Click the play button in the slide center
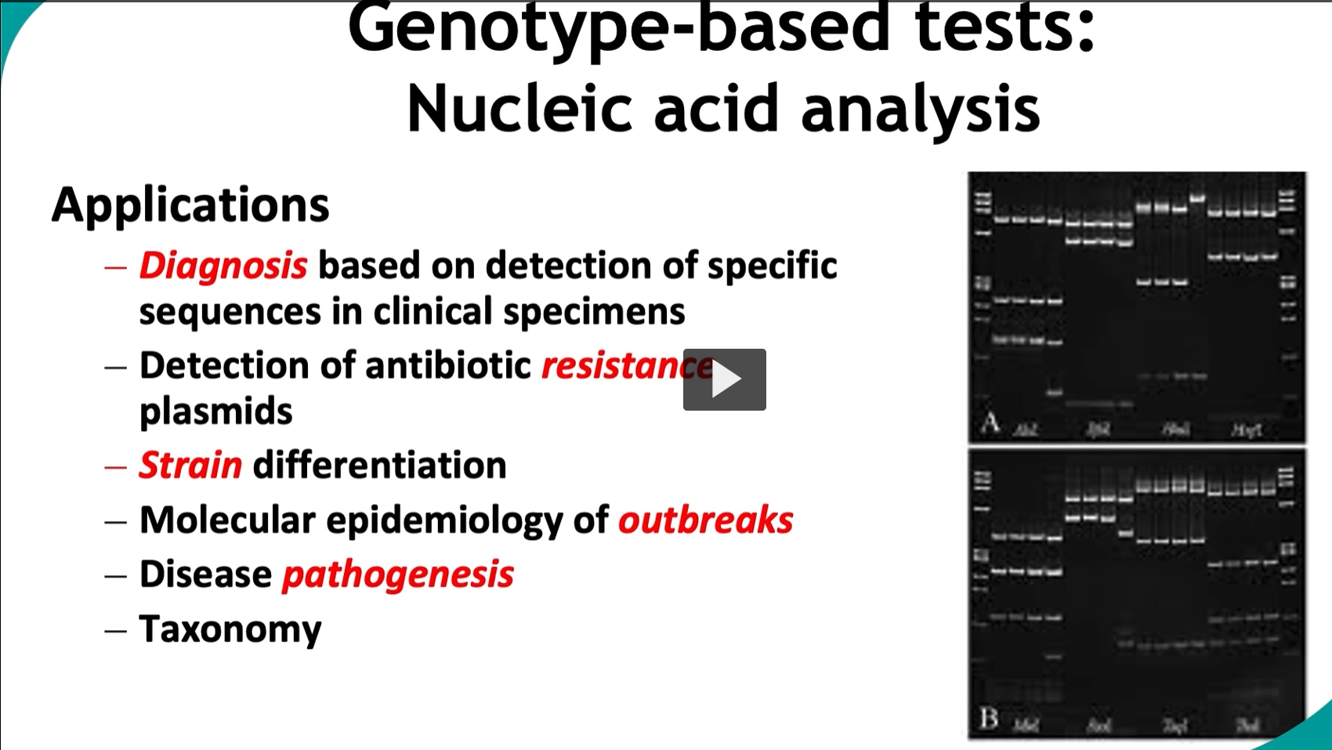click(724, 379)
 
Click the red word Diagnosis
click(223, 266)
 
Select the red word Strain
click(190, 466)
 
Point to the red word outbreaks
click(705, 520)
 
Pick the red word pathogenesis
click(397, 574)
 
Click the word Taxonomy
click(230, 629)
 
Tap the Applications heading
click(190, 205)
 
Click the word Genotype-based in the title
click(618, 27)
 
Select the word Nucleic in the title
click(519, 109)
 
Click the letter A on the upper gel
click(990, 423)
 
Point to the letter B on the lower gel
click(989, 718)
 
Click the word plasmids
click(215, 411)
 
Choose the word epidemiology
click(444, 520)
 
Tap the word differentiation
click(379, 466)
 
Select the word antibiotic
click(447, 366)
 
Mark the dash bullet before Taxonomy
click(116, 630)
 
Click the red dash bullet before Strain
click(116, 467)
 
